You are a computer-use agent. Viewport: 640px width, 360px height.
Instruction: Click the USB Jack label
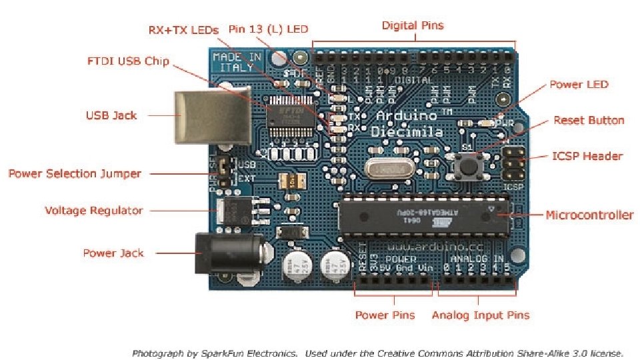point(111,115)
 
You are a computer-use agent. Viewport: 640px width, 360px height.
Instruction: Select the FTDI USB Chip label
point(128,62)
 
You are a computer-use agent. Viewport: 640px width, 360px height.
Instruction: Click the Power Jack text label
point(113,253)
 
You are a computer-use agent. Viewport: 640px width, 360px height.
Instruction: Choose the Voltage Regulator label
point(93,211)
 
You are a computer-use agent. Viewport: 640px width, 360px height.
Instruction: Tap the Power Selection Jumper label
point(75,174)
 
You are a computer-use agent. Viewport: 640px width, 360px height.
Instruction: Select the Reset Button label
point(589,121)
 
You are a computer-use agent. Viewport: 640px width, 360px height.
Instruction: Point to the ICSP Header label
point(587,156)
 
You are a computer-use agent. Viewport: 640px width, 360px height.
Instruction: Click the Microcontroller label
point(589,215)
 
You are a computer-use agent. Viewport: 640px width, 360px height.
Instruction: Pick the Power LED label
point(579,85)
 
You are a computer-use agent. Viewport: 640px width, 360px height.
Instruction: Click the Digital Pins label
point(412,26)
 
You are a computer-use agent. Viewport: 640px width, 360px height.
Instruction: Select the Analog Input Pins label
point(480,315)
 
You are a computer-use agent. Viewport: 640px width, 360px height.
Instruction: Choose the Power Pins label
point(385,315)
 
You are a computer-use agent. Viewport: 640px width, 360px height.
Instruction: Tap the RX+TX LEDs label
point(183,30)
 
